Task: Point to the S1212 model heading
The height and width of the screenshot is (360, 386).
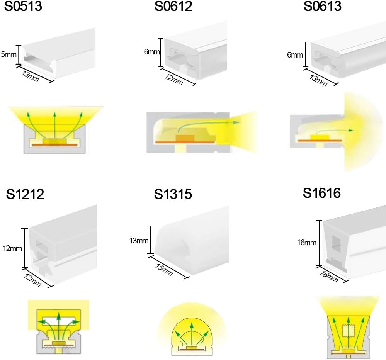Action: click(25, 194)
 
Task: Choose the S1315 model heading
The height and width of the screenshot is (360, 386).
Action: click(173, 194)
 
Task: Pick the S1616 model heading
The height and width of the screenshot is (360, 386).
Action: click(322, 193)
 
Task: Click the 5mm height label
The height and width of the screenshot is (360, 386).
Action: click(9, 54)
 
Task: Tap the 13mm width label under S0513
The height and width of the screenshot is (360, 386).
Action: click(31, 76)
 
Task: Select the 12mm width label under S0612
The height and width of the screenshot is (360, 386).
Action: click(174, 80)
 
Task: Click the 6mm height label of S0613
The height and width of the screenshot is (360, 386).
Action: click(295, 54)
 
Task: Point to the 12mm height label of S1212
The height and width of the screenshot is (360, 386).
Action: click(12, 248)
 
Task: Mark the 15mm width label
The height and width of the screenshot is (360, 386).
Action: click(164, 270)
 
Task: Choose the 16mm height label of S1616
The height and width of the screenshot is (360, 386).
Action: click(306, 243)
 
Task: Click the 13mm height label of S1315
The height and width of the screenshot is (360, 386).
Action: click(139, 240)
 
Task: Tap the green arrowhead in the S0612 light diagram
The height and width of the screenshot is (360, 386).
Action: click(236, 122)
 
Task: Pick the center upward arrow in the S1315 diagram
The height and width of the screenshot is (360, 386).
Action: click(192, 335)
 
